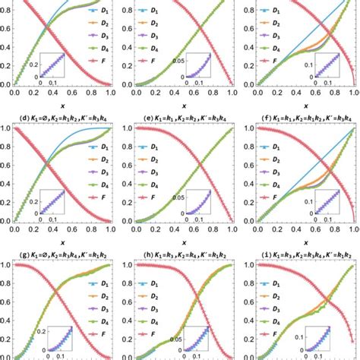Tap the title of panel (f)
click(x=299, y=120)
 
